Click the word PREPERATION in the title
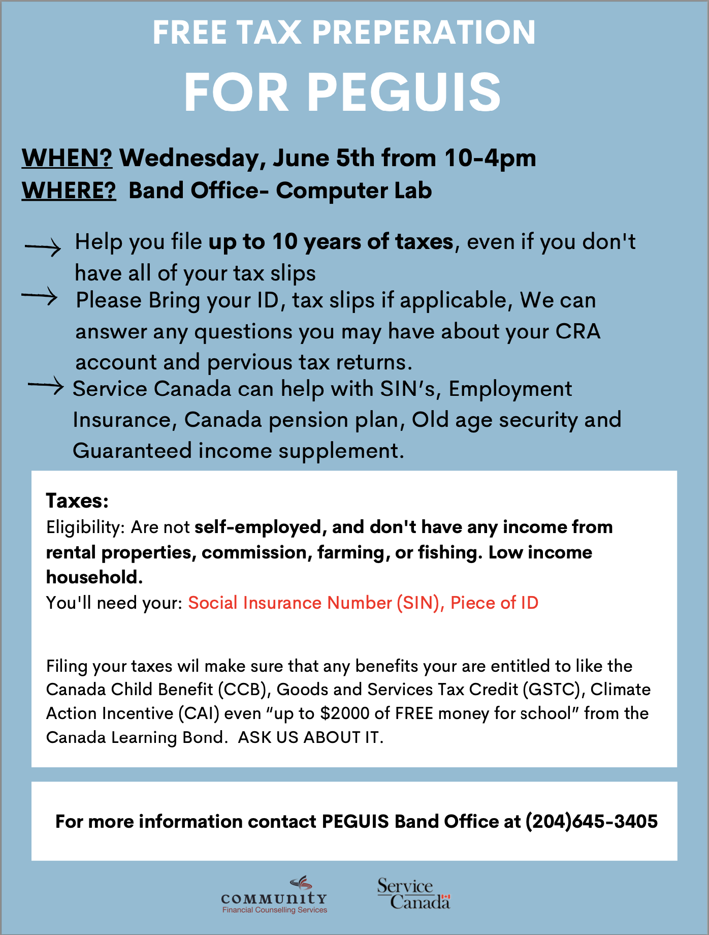pyautogui.click(x=424, y=33)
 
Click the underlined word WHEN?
pyautogui.click(x=67, y=158)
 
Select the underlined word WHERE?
pyautogui.click(x=69, y=191)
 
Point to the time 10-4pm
pyautogui.click(x=490, y=158)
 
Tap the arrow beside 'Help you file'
pyautogui.click(x=43, y=248)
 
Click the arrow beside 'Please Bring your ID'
pyautogui.click(x=40, y=296)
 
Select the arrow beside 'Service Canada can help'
pyautogui.click(x=46, y=386)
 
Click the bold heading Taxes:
pyautogui.click(x=77, y=501)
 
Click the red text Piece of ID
pyautogui.click(x=494, y=603)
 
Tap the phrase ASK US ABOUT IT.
pyautogui.click(x=310, y=737)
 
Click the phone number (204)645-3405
pyautogui.click(x=591, y=821)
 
